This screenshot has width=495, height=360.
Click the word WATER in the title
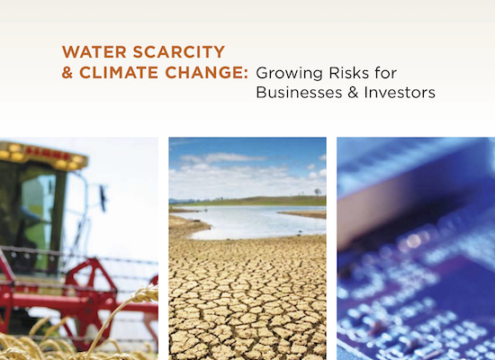[94, 52]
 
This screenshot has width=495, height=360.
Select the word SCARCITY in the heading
[179, 52]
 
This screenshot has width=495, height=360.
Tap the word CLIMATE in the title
[119, 72]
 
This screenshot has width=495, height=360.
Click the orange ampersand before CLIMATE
[67, 72]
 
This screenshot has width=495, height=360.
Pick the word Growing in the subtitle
[289, 74]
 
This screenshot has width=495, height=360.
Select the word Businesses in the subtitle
[299, 92]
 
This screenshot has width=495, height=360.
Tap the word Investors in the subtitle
[400, 92]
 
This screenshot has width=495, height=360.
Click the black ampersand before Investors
[353, 92]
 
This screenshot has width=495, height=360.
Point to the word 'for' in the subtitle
[386, 73]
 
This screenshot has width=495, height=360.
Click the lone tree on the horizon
[318, 192]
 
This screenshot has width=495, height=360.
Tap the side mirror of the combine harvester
[103, 198]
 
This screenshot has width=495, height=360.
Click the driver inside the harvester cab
[27, 222]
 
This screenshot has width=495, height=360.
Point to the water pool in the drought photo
[249, 221]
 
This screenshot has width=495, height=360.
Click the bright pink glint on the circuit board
[413, 241]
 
